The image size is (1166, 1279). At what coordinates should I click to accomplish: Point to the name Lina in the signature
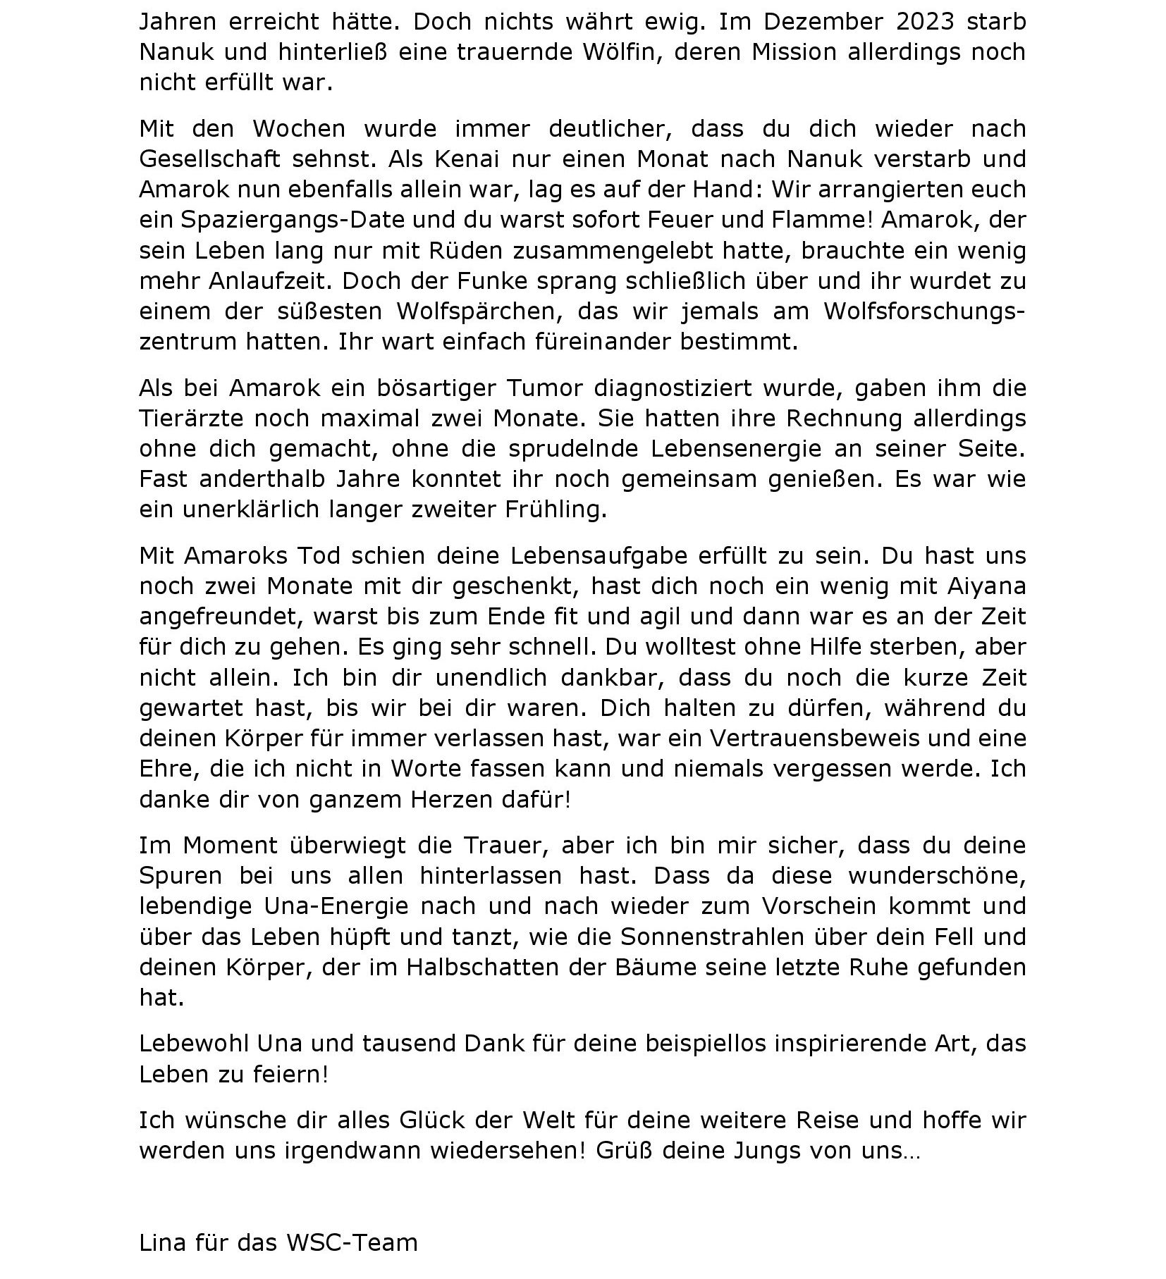pyautogui.click(x=163, y=1242)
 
